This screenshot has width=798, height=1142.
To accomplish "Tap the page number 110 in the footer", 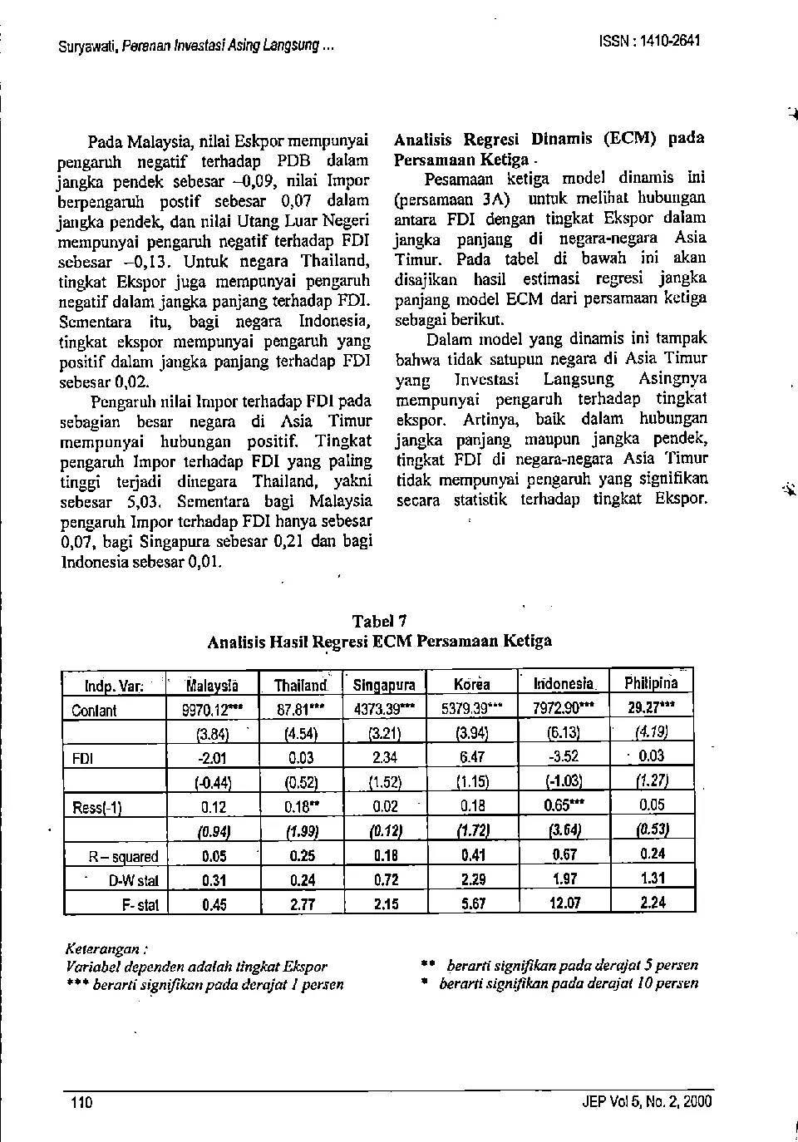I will tap(81, 1103).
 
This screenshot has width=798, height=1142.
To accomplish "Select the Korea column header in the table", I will tap(472, 685).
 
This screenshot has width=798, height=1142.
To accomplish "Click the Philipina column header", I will tap(652, 683).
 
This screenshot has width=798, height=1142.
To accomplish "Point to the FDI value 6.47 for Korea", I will tap(472, 757).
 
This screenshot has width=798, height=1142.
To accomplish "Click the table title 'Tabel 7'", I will tap(379, 622).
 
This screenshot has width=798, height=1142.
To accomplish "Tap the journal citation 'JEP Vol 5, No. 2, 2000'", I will tap(648, 1103).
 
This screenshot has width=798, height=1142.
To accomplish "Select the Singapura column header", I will tap(384, 686).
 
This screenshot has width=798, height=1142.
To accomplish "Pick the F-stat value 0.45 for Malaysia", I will tap(214, 904).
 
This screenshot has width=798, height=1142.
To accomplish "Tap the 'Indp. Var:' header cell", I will tap(114, 687).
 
